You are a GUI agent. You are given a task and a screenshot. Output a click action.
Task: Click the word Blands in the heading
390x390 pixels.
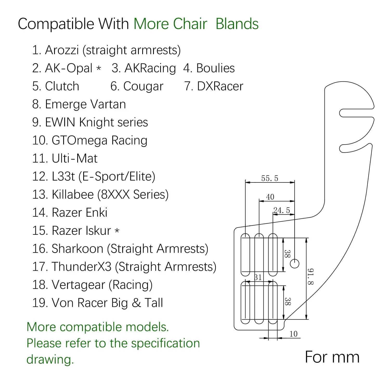237,24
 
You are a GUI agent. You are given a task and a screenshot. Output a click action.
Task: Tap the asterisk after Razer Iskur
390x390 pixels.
117,231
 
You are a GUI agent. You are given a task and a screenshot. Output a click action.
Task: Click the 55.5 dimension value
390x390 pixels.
270,178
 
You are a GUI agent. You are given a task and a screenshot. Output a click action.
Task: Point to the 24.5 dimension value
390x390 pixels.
281,210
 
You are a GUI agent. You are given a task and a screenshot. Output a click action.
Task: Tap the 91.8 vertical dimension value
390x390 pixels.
310,277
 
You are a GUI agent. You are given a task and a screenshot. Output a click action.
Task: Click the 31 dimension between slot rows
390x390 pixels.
258,277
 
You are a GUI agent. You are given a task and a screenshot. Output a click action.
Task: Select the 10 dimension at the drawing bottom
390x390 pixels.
294,334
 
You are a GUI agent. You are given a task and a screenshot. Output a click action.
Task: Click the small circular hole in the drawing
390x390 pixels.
295,264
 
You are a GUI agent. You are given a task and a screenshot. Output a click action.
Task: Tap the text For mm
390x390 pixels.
332,357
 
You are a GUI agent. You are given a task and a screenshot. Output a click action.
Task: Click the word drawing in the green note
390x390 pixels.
50,360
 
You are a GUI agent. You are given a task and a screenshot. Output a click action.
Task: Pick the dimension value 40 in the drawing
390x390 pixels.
270,197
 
